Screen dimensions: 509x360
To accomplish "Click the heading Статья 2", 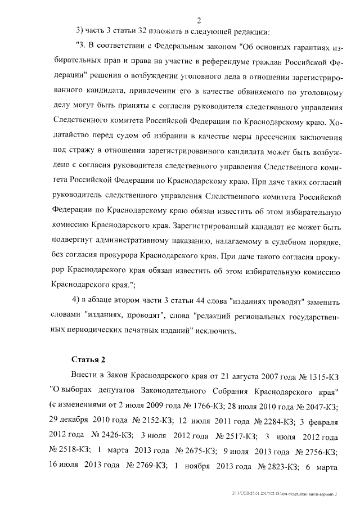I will [x=89, y=359].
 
